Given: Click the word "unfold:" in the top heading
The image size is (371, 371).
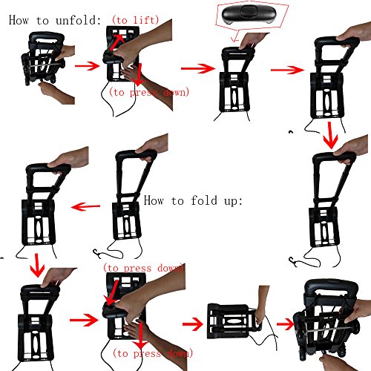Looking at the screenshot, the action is pos(78,20).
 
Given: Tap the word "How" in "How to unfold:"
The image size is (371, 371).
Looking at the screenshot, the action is pos(19,20).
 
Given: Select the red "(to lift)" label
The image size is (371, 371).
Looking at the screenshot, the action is pos(135,20).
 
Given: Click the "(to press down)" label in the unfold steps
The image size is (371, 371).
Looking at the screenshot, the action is pos(149,92).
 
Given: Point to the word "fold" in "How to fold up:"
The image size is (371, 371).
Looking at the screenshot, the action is pos(204,200).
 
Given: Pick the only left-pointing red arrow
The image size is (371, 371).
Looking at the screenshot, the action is pos(85,206).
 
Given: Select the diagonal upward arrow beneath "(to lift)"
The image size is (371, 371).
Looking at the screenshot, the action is pos(117,42).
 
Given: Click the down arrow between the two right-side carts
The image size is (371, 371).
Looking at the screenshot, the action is pos(330,135).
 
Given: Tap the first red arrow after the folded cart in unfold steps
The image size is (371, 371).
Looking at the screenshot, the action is pos(87,66).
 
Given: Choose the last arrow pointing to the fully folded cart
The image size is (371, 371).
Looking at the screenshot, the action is pos(286,324).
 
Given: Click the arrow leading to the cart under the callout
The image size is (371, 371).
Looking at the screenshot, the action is pos(198,68).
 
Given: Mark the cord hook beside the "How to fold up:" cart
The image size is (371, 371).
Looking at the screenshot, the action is pos(97,254).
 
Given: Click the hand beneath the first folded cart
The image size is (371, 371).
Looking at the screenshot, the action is pos(56,92).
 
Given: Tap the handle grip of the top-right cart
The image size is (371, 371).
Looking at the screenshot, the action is pos(337,42).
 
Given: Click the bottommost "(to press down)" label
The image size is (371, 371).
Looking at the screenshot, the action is pos(153,353).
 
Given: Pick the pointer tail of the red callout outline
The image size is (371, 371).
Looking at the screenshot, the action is pos(235,36).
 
